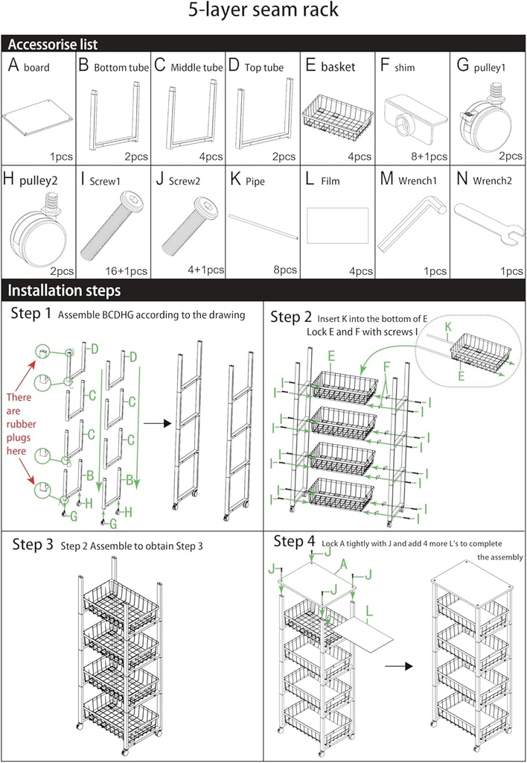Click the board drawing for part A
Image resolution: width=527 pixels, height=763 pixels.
pos(39,119)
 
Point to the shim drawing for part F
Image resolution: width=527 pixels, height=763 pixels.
pos(412,117)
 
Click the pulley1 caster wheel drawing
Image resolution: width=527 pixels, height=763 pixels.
pos(485,122)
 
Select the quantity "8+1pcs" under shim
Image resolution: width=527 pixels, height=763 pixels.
pos(427,156)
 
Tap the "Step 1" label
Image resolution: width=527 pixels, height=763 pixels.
pos(31,314)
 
